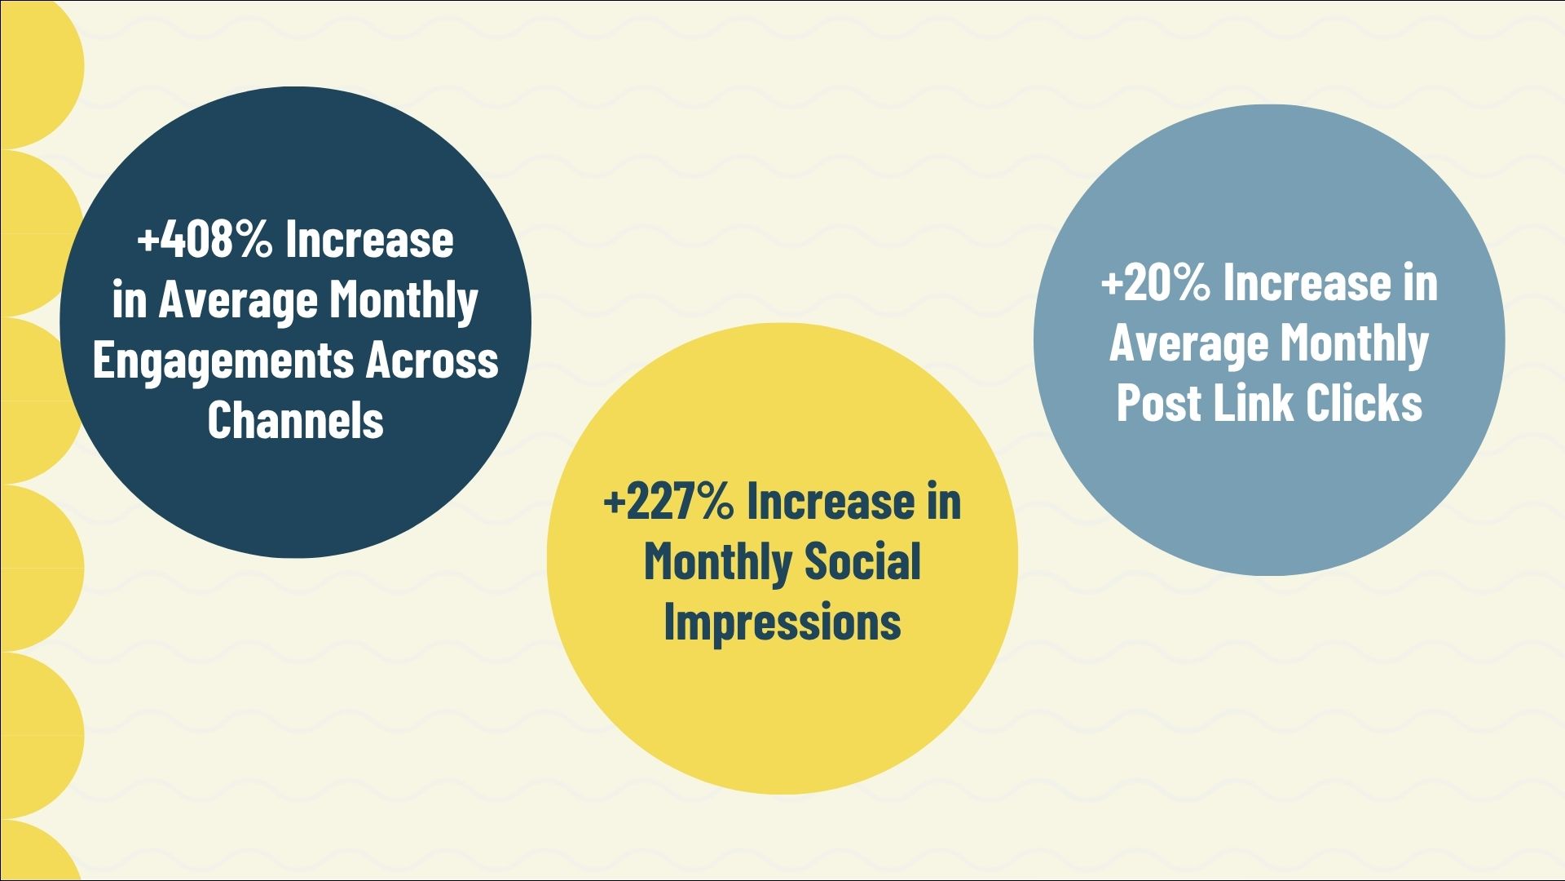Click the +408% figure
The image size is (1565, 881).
205,241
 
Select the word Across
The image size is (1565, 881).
432,361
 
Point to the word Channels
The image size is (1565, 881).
295,420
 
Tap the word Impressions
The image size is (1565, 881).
782,622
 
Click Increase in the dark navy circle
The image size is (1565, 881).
369,241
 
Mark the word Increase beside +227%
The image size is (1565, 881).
831,501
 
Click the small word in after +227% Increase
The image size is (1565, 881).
944,501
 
